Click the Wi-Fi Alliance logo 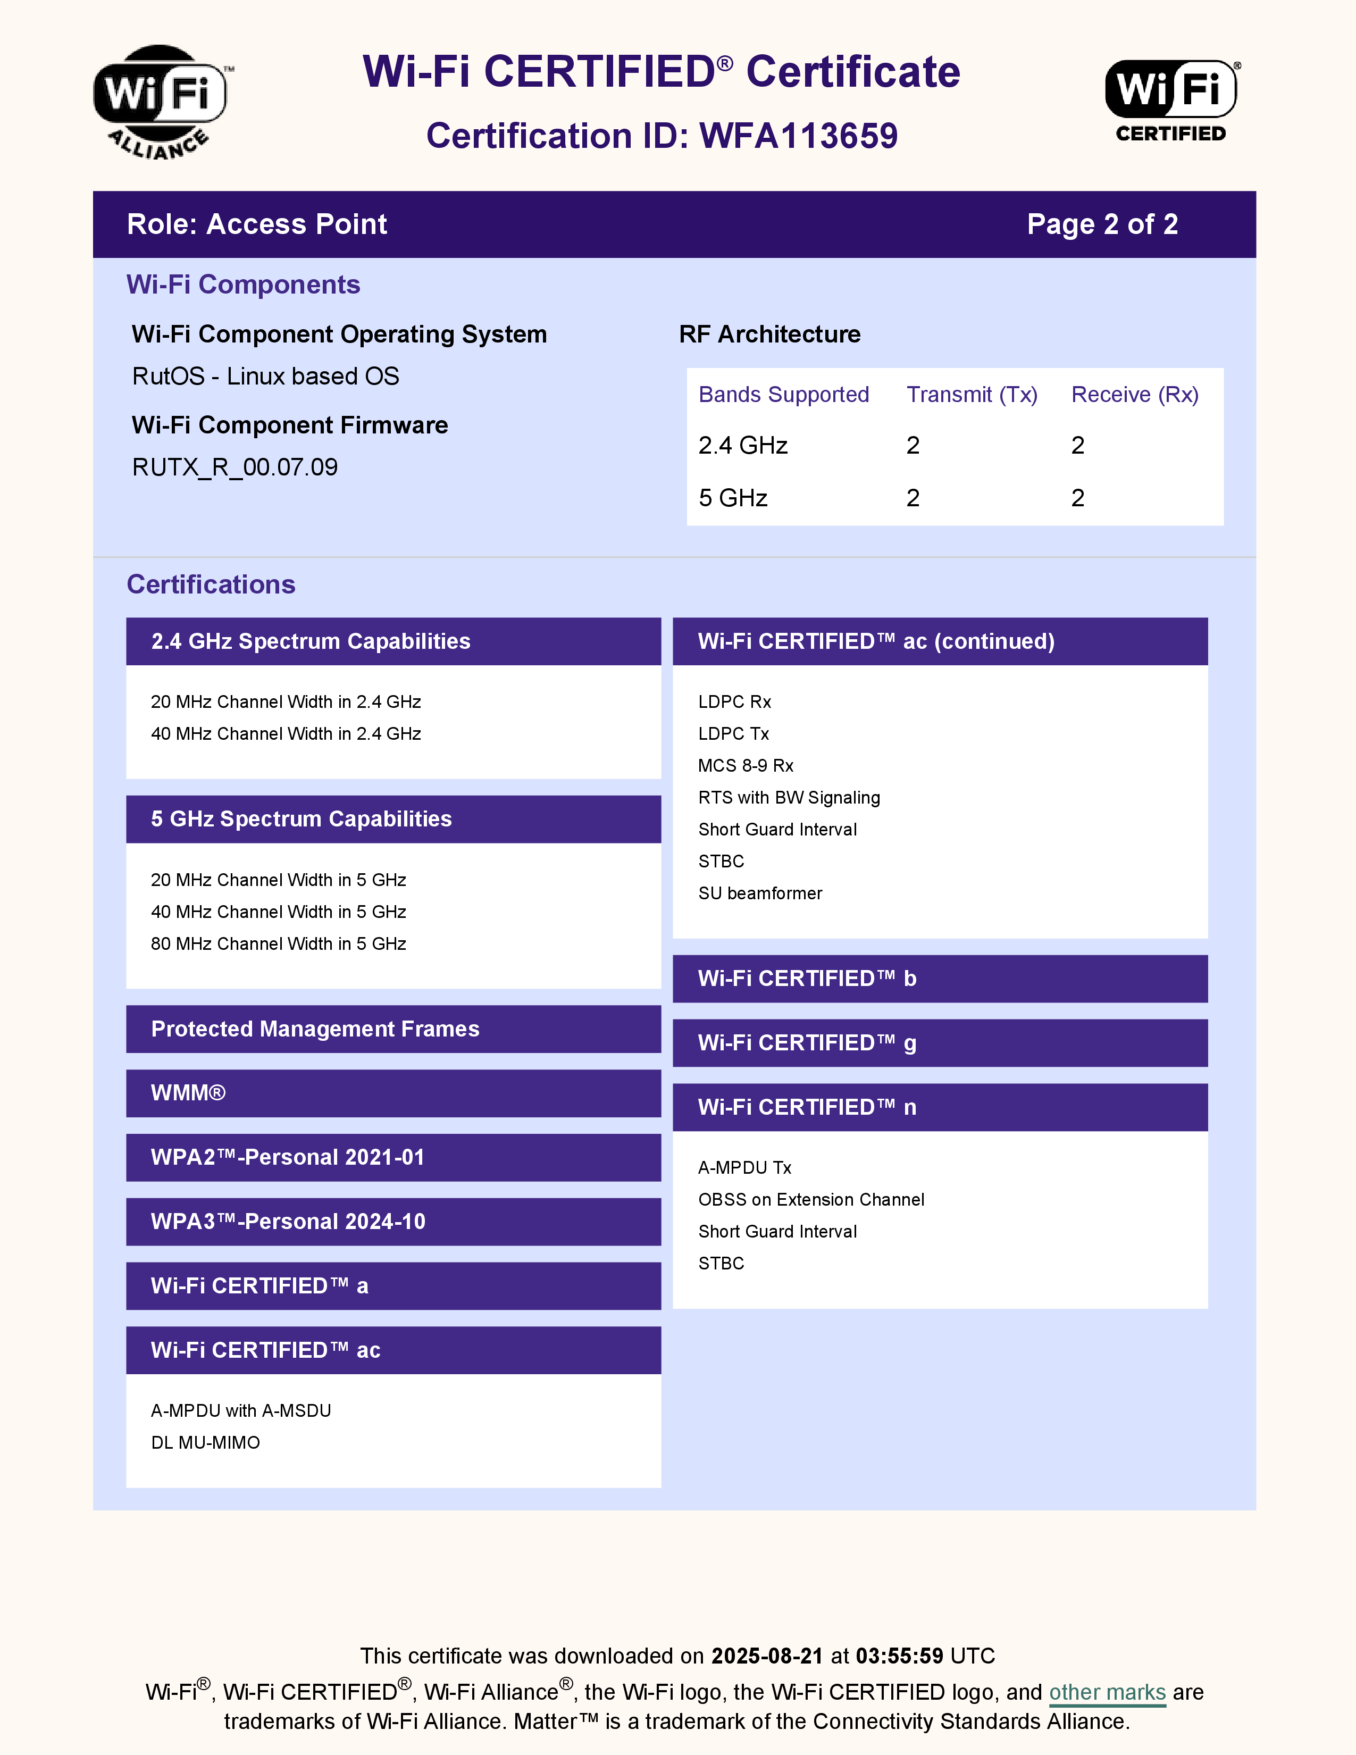(x=161, y=101)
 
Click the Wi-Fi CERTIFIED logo (x=1171, y=101)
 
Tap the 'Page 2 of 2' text (x=1102, y=224)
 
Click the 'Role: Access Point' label (x=256, y=224)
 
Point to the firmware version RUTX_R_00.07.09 (x=235, y=467)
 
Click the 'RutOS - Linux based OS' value (x=265, y=376)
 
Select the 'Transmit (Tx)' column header (x=972, y=395)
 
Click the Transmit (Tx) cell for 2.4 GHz (x=913, y=445)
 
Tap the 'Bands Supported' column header (x=783, y=395)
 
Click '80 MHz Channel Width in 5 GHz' (x=278, y=943)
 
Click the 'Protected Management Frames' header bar (x=393, y=1029)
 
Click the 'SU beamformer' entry (x=759, y=893)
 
